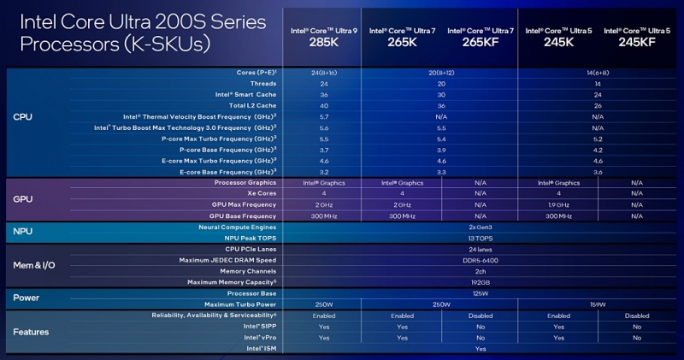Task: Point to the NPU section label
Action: click(22, 232)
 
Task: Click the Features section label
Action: click(31, 332)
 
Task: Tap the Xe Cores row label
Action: click(259, 193)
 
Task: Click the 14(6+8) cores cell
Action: click(598, 74)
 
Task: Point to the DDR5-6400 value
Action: click(479, 260)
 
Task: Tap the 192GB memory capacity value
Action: click(479, 282)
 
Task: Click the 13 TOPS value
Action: click(479, 238)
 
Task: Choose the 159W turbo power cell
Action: click(598, 304)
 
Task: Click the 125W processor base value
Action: click(479, 293)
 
